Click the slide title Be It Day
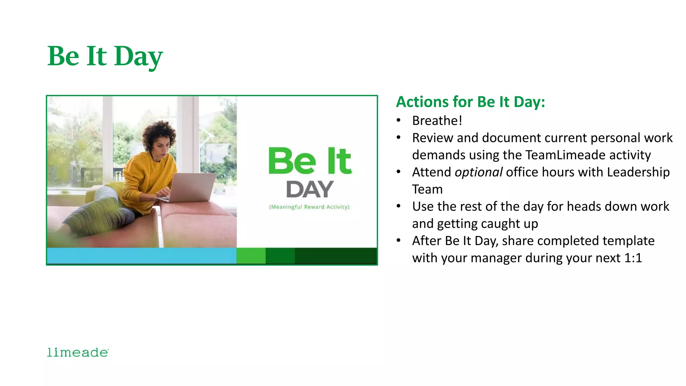pos(105,56)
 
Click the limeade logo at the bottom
pos(78,352)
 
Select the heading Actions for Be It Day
pos(470,102)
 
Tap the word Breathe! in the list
pos(437,121)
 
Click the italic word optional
pos(478,172)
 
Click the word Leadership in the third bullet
pos(638,172)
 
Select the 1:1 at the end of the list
pos(633,258)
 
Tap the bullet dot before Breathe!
pos(399,120)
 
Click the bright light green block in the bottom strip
pos(251,256)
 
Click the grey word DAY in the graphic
pos(310,190)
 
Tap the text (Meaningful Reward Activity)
pos(309,207)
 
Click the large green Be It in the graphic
pos(310,161)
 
